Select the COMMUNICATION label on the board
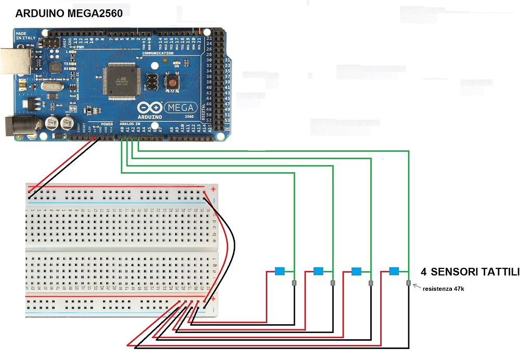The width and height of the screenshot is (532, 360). pyautogui.click(x=158, y=53)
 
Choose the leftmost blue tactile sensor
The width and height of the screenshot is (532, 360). pyautogui.click(x=280, y=271)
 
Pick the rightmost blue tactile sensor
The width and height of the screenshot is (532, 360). pyautogui.click(x=394, y=271)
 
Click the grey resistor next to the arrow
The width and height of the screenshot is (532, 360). pyautogui.click(x=408, y=284)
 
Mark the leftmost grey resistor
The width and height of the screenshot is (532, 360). pyautogui.click(x=294, y=283)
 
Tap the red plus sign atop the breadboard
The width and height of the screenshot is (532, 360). pyautogui.click(x=213, y=190)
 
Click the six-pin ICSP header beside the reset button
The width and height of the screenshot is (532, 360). pyautogui.click(x=152, y=81)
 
